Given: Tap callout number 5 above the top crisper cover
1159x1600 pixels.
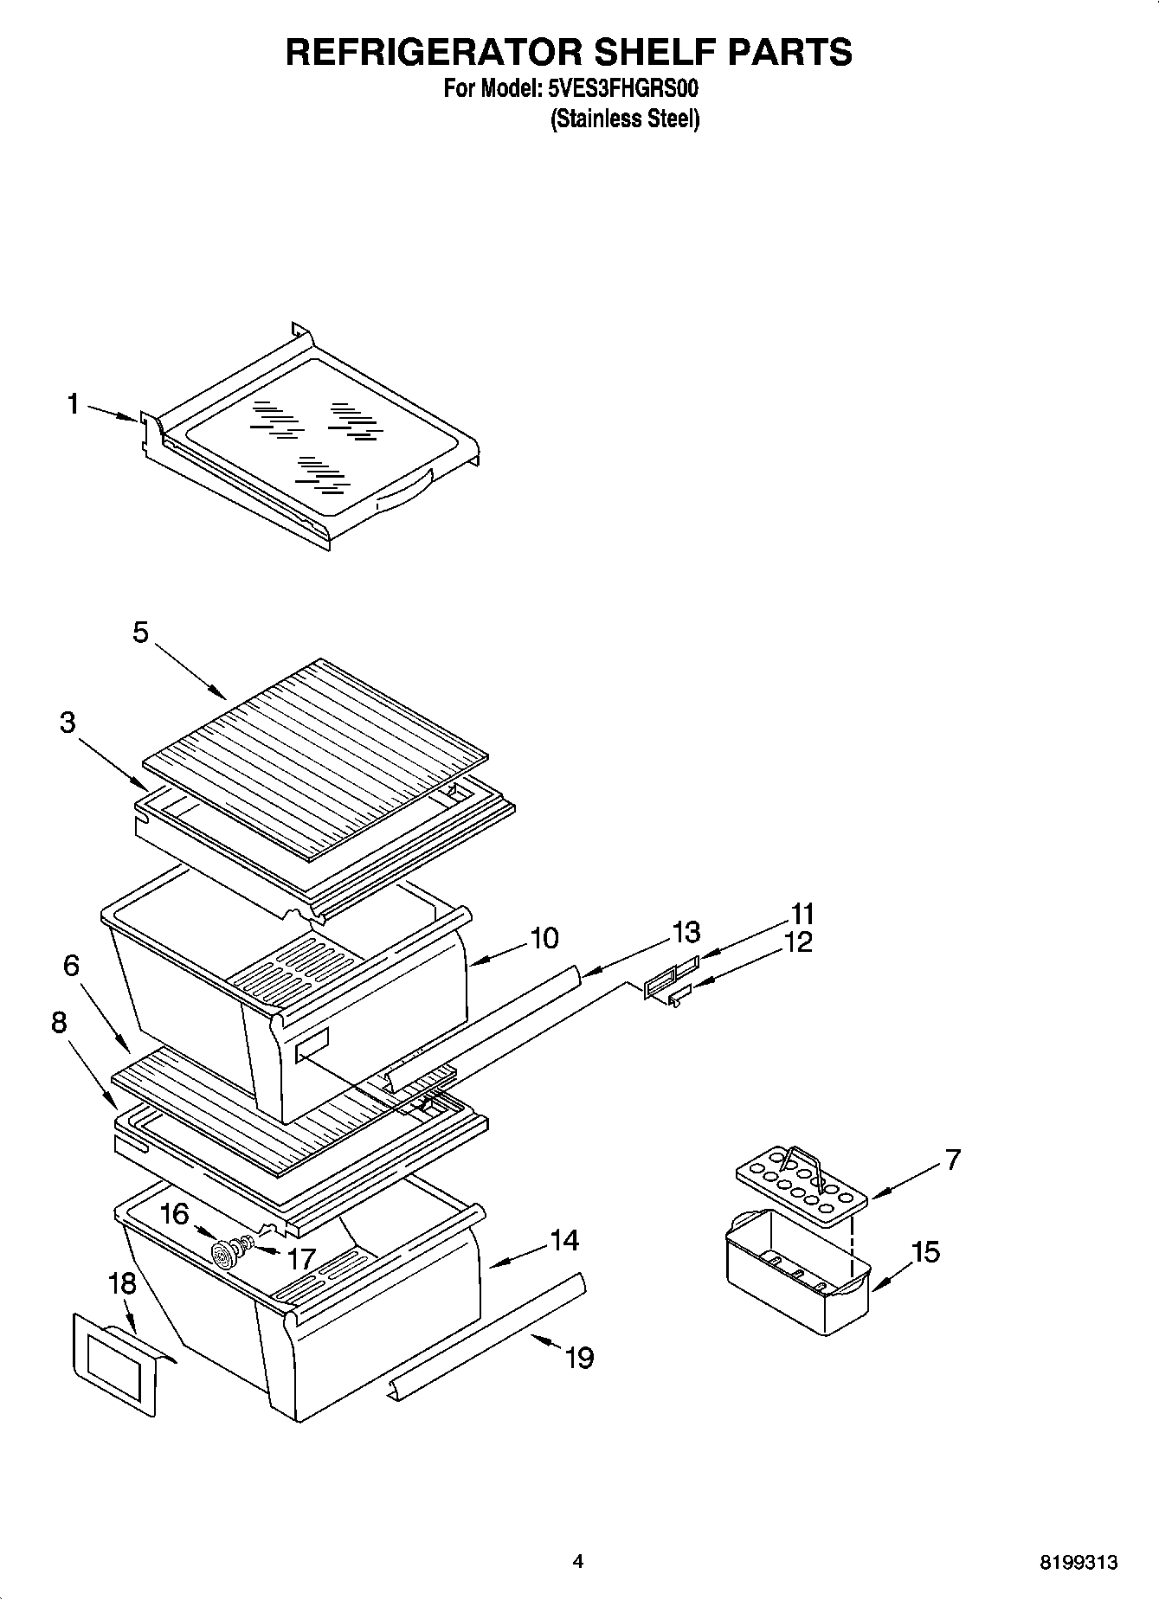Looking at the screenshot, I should (x=140, y=633).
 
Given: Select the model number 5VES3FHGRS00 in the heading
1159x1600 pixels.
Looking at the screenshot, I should (x=622, y=88).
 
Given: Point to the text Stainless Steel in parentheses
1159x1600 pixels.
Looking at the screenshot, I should (x=625, y=119).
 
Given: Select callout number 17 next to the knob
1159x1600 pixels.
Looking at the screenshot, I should (x=301, y=1258).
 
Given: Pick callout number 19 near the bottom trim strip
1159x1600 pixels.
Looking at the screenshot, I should (x=579, y=1358).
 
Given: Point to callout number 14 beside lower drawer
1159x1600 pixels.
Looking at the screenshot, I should (x=563, y=1240).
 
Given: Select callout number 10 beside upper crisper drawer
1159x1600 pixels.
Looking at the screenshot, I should (x=544, y=938).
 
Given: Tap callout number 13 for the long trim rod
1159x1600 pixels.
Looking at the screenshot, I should (x=686, y=933).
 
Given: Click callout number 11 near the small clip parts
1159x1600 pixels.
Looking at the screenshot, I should (x=802, y=914).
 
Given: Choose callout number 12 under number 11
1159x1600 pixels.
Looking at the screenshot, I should (x=798, y=942).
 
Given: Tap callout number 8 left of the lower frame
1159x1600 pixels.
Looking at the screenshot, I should (x=59, y=1023).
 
